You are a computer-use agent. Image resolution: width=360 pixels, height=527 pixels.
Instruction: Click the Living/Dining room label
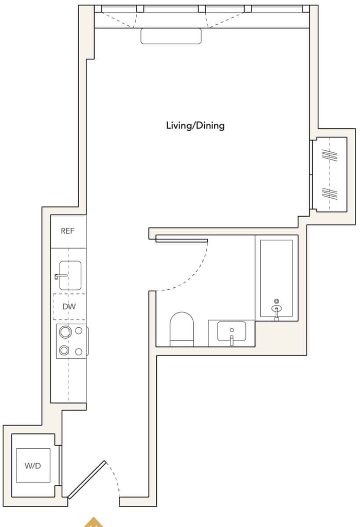195,126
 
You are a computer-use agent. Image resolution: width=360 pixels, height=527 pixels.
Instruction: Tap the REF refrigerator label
67,231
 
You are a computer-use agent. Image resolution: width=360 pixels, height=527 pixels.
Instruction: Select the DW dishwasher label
69,307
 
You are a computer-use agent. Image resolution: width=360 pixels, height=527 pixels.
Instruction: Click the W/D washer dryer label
32,466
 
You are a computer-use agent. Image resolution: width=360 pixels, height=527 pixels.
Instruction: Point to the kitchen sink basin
70,275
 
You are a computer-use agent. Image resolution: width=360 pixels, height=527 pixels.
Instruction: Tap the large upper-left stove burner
65,332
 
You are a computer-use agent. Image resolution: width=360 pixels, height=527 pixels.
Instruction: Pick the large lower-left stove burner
64,350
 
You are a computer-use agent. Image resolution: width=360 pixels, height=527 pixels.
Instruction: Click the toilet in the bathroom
182,329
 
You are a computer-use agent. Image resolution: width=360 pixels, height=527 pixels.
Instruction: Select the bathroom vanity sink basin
231,331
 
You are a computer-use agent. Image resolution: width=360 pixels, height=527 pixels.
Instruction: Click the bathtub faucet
276,309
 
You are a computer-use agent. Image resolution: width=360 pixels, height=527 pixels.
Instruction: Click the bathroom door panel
182,239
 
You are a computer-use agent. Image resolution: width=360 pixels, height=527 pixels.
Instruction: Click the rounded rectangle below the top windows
171,37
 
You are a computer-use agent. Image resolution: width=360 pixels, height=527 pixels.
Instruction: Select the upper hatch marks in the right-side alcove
330,155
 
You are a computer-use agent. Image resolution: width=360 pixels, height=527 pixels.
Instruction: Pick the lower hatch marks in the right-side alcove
330,194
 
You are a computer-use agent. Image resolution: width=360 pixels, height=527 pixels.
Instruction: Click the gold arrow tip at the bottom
94,518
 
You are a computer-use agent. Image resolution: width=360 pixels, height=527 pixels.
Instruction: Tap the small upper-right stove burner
79,331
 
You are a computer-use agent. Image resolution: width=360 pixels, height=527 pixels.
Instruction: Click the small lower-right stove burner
79,352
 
